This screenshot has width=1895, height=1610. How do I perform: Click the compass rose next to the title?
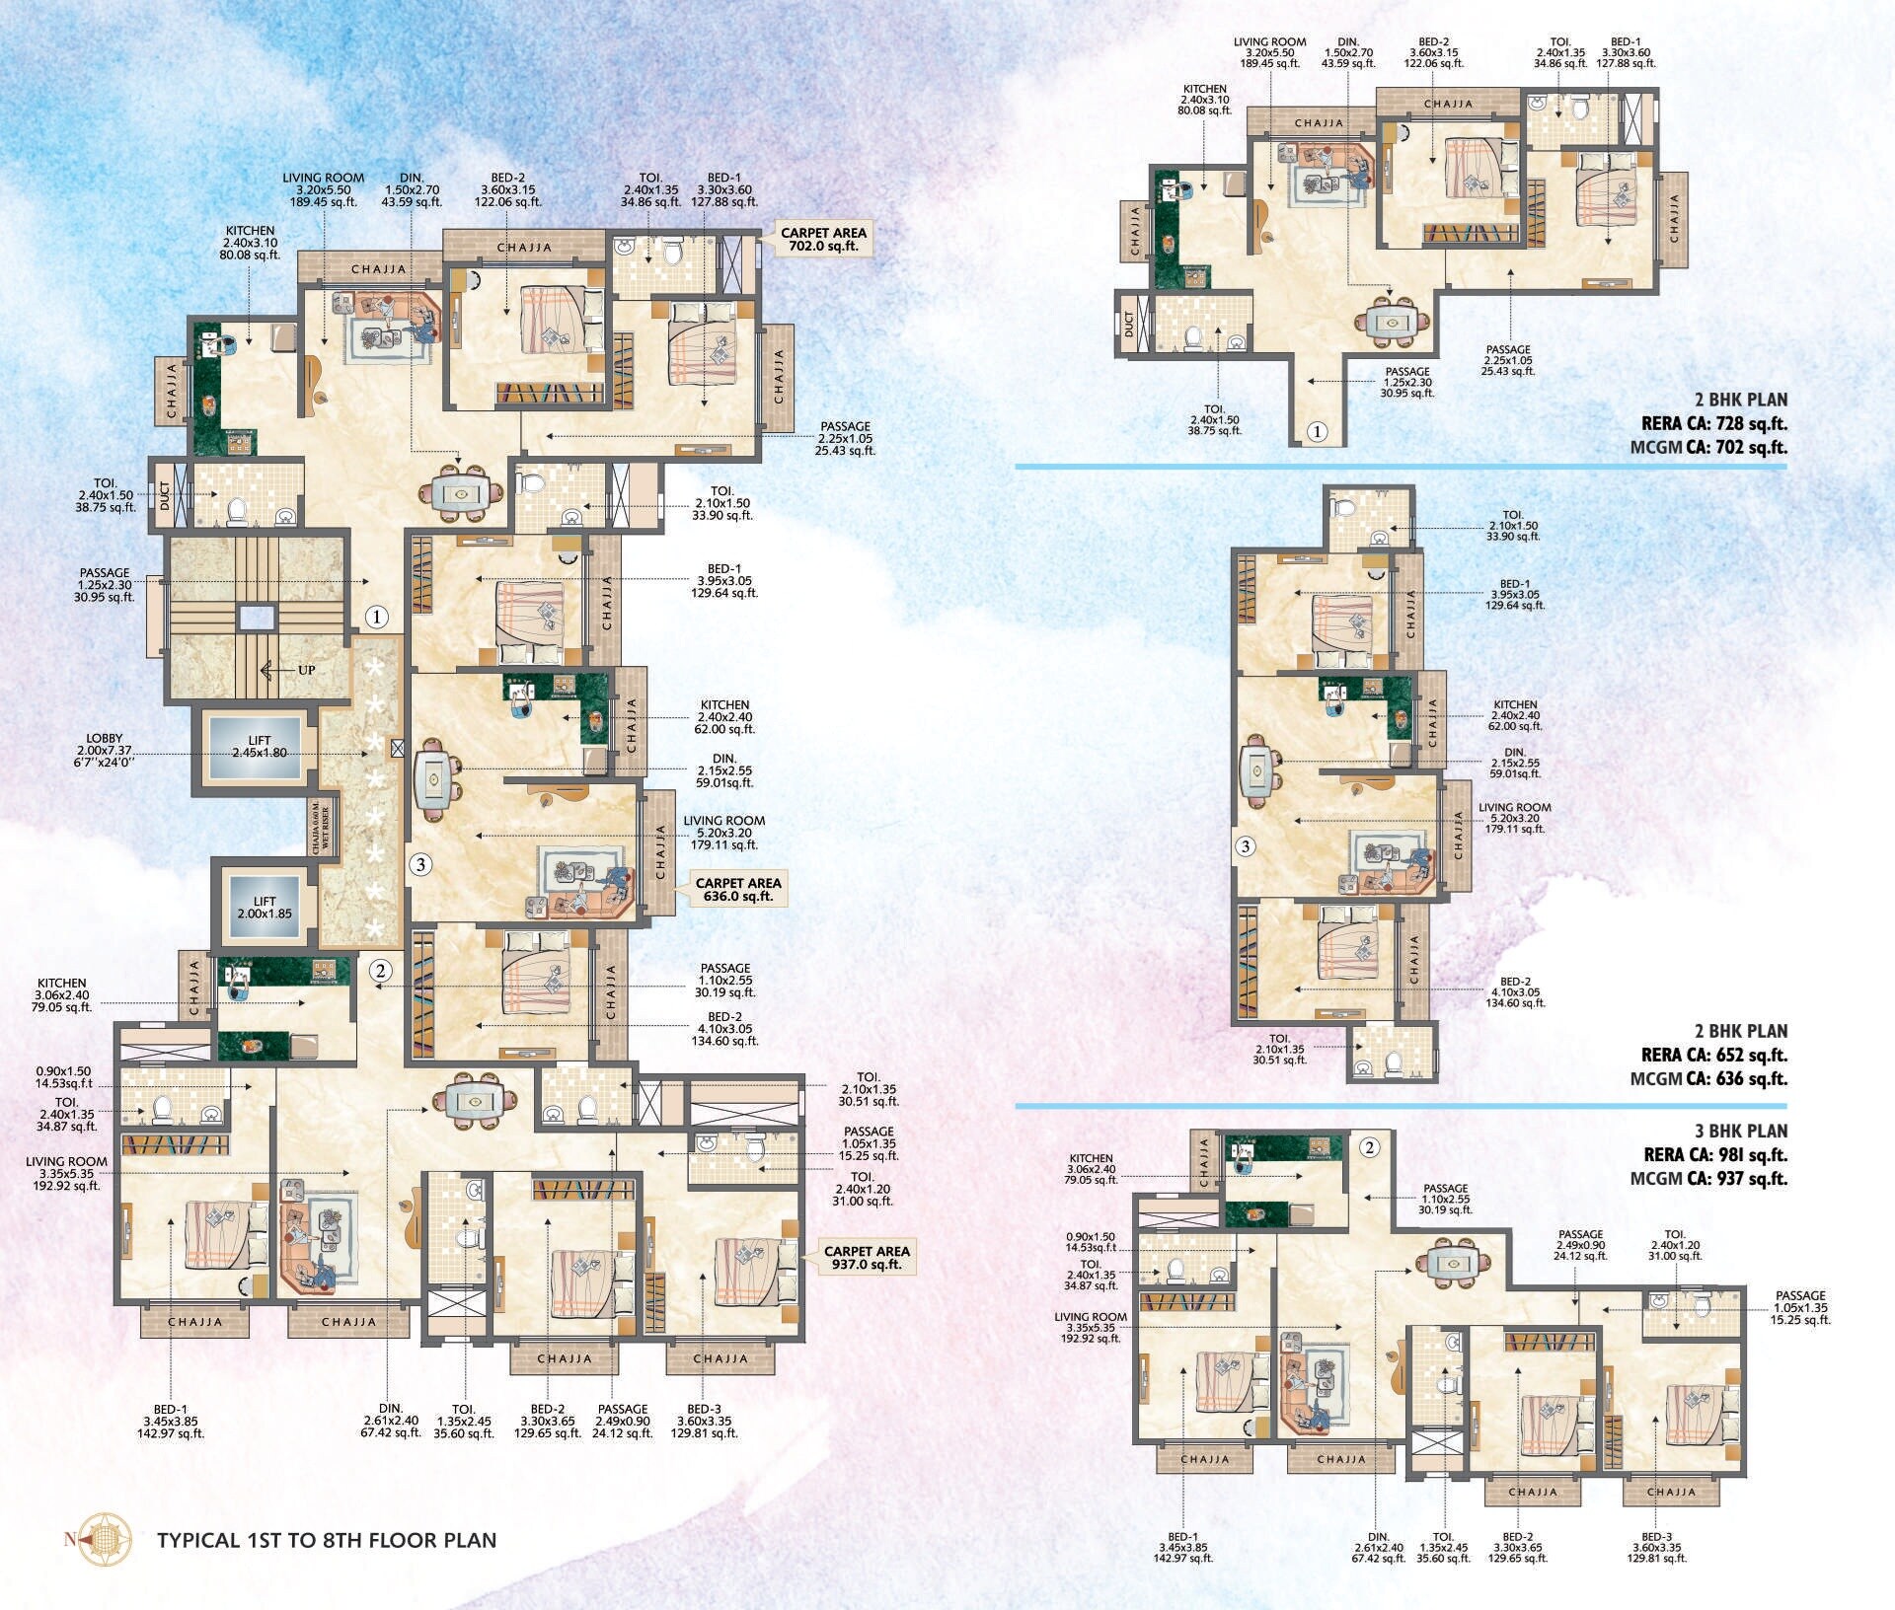(x=106, y=1540)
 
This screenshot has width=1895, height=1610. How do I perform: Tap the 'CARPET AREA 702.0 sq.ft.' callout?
(x=823, y=240)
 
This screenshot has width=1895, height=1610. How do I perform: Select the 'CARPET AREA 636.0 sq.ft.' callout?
(x=737, y=890)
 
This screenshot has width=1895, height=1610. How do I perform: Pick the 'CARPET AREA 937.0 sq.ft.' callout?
(x=867, y=1257)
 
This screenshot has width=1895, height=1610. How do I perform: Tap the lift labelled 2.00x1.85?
(x=265, y=908)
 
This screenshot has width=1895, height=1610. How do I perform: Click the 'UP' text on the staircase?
(x=306, y=670)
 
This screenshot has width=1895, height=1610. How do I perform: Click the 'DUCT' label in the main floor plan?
(x=165, y=494)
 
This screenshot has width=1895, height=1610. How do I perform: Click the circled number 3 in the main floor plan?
(x=420, y=865)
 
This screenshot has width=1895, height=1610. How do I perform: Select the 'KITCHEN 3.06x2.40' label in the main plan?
(x=62, y=995)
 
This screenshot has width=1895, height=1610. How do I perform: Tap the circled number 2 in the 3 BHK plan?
(x=1369, y=1146)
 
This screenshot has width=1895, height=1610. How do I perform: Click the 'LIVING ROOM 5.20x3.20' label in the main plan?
(x=723, y=833)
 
